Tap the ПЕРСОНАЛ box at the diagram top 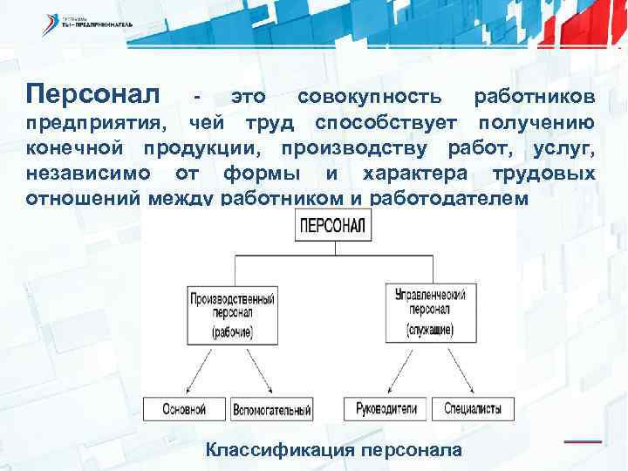coord(335,227)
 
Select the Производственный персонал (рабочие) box coord(232,314)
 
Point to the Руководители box coord(386,408)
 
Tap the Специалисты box coord(472,408)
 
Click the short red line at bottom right coord(583,441)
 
